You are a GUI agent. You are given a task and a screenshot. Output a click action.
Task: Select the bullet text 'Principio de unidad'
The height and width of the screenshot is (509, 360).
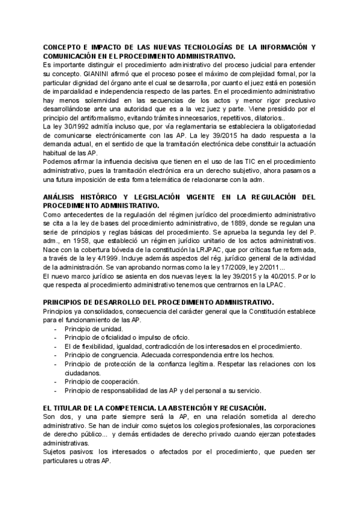coord(94,329)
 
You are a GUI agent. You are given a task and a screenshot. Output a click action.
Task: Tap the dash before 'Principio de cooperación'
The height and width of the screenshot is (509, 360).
coord(56,382)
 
